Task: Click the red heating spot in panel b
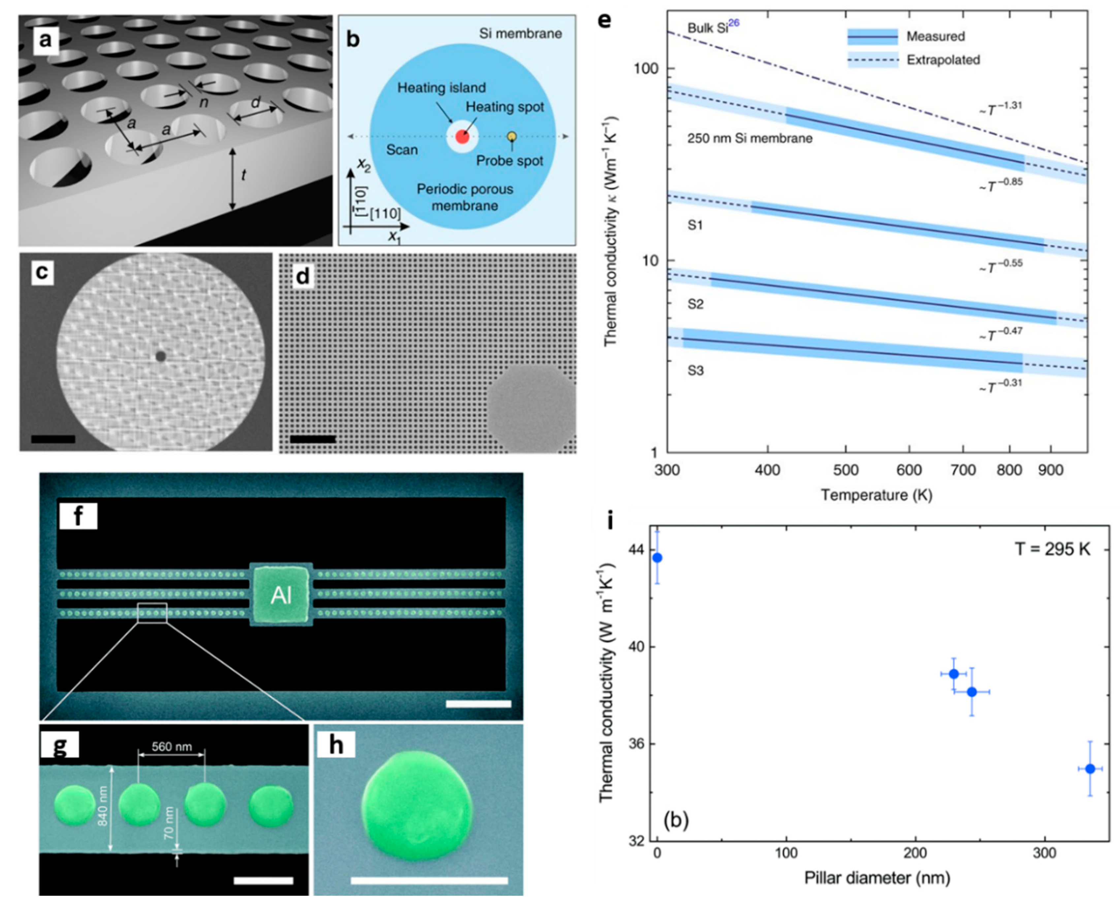click(462, 137)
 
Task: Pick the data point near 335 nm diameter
click(1090, 769)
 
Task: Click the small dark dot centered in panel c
click(160, 356)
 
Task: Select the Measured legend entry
click(935, 36)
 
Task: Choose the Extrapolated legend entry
click(943, 60)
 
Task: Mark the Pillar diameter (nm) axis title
click(877, 877)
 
